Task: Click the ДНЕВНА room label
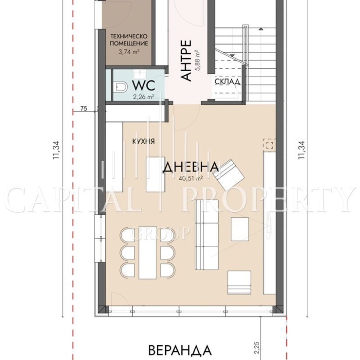point(191,167)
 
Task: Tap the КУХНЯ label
point(144,141)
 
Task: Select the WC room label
point(144,86)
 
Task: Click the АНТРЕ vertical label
point(186,60)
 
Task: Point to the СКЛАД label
point(228,82)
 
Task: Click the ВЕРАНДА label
point(180,350)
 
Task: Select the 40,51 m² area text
point(191,178)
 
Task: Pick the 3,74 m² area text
point(129,51)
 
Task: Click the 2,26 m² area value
point(144,97)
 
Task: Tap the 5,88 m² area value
point(197,60)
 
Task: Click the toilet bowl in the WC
point(121,88)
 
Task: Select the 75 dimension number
point(84,108)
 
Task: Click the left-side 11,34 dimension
point(56,150)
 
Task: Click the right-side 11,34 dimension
point(301,150)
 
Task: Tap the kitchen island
point(156,174)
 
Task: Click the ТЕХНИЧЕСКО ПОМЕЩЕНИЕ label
point(129,40)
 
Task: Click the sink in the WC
point(139,73)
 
